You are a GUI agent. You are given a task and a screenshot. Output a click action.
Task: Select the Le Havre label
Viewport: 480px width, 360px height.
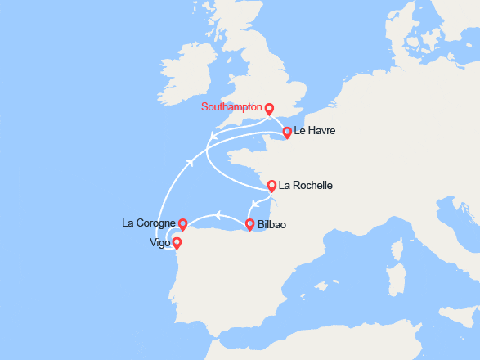click(x=315, y=131)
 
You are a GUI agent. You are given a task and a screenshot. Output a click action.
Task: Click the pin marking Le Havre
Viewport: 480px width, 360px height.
click(x=287, y=133)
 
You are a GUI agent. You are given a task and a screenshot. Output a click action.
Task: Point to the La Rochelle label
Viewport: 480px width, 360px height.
click(x=306, y=186)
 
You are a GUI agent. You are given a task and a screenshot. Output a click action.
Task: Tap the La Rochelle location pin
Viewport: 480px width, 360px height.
click(x=271, y=186)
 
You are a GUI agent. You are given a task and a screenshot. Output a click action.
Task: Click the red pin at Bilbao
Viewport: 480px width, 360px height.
click(x=249, y=224)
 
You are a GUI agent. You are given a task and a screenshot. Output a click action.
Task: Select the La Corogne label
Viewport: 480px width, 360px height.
click(x=148, y=223)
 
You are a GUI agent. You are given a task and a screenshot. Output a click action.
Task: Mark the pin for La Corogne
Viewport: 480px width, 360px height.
click(x=183, y=223)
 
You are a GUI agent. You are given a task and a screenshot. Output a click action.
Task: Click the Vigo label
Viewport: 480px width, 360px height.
click(x=161, y=243)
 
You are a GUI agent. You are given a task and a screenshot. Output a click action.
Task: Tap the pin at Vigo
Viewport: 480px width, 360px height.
click(x=176, y=243)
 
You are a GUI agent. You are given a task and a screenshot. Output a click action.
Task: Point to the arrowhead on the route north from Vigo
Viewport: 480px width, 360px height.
click(x=191, y=161)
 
